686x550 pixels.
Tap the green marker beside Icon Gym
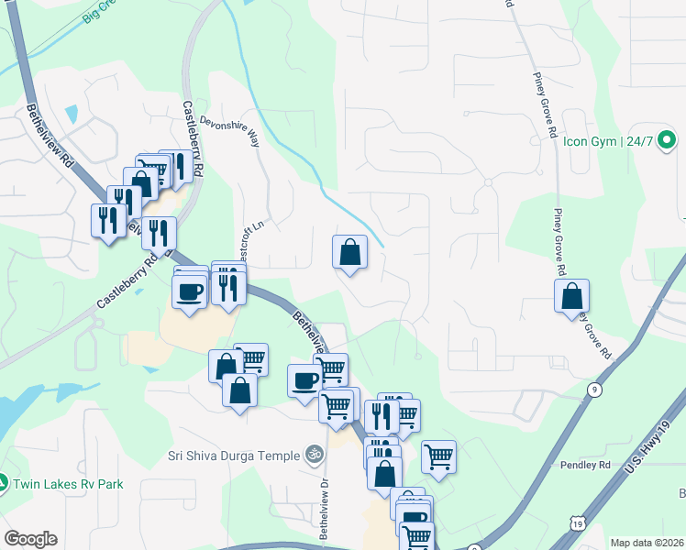(x=668, y=141)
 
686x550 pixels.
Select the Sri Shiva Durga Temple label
(x=234, y=456)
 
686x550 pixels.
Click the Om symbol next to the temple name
(x=314, y=455)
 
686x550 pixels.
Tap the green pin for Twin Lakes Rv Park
(x=3, y=482)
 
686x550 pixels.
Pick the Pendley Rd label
(x=585, y=465)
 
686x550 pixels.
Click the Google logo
(x=30, y=539)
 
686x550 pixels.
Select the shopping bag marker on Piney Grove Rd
(x=571, y=296)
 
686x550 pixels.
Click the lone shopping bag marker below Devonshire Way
(x=349, y=252)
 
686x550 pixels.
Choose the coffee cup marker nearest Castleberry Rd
(x=190, y=292)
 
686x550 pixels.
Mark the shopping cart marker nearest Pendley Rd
(x=438, y=456)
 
